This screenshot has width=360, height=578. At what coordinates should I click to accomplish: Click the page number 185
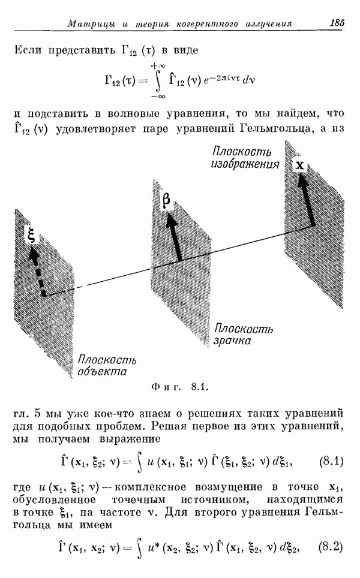pyautogui.click(x=337, y=23)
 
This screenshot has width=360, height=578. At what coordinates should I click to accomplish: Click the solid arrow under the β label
pyautogui.click(x=173, y=237)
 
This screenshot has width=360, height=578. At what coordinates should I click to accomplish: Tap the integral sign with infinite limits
pyautogui.click(x=159, y=81)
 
